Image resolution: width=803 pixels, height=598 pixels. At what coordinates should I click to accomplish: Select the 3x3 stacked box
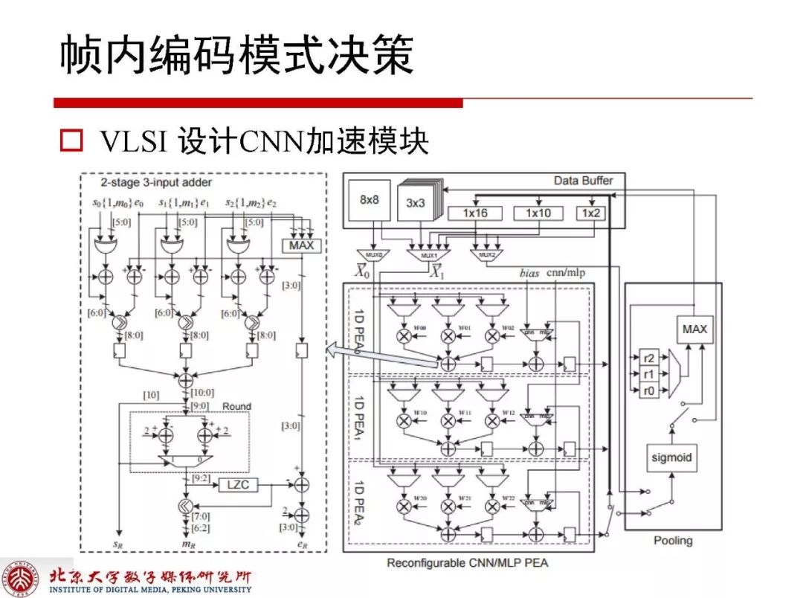tap(416, 202)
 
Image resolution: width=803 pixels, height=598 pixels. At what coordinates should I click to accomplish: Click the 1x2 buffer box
tap(591, 213)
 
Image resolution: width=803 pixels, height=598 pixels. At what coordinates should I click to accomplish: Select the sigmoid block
tap(671, 457)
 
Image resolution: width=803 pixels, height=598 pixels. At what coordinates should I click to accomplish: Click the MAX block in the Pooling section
tap(694, 328)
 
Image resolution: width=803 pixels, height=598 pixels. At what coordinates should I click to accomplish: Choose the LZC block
tap(236, 485)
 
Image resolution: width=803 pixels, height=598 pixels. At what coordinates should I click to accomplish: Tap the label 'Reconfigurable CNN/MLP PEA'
tap(467, 563)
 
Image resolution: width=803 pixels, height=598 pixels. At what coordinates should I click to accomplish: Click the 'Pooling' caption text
tap(672, 541)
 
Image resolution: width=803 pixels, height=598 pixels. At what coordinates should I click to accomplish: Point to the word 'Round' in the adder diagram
tap(236, 406)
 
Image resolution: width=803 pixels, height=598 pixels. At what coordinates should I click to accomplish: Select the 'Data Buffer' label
tap(583, 181)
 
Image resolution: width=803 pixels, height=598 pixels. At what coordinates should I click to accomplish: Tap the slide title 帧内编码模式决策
tap(236, 56)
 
